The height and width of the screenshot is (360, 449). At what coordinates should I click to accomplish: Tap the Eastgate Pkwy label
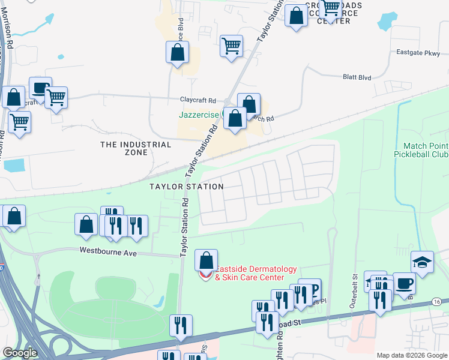(418, 52)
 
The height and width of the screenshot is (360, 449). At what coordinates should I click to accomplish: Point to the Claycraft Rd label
(197, 100)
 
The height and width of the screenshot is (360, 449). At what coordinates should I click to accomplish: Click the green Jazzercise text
(199, 114)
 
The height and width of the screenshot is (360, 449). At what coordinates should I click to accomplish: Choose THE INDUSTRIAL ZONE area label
(136, 148)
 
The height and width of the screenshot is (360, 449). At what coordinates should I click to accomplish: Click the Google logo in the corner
(19, 353)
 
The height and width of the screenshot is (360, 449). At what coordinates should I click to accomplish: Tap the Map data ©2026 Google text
(411, 355)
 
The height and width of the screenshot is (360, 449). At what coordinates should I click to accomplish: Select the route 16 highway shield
(436, 301)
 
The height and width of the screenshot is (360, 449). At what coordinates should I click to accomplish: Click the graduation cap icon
(422, 262)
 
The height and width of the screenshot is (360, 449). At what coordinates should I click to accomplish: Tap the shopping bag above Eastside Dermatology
(206, 260)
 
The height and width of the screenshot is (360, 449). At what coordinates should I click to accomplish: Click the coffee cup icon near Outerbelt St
(403, 283)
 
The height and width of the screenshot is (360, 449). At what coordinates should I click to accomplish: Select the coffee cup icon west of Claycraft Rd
(40, 88)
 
